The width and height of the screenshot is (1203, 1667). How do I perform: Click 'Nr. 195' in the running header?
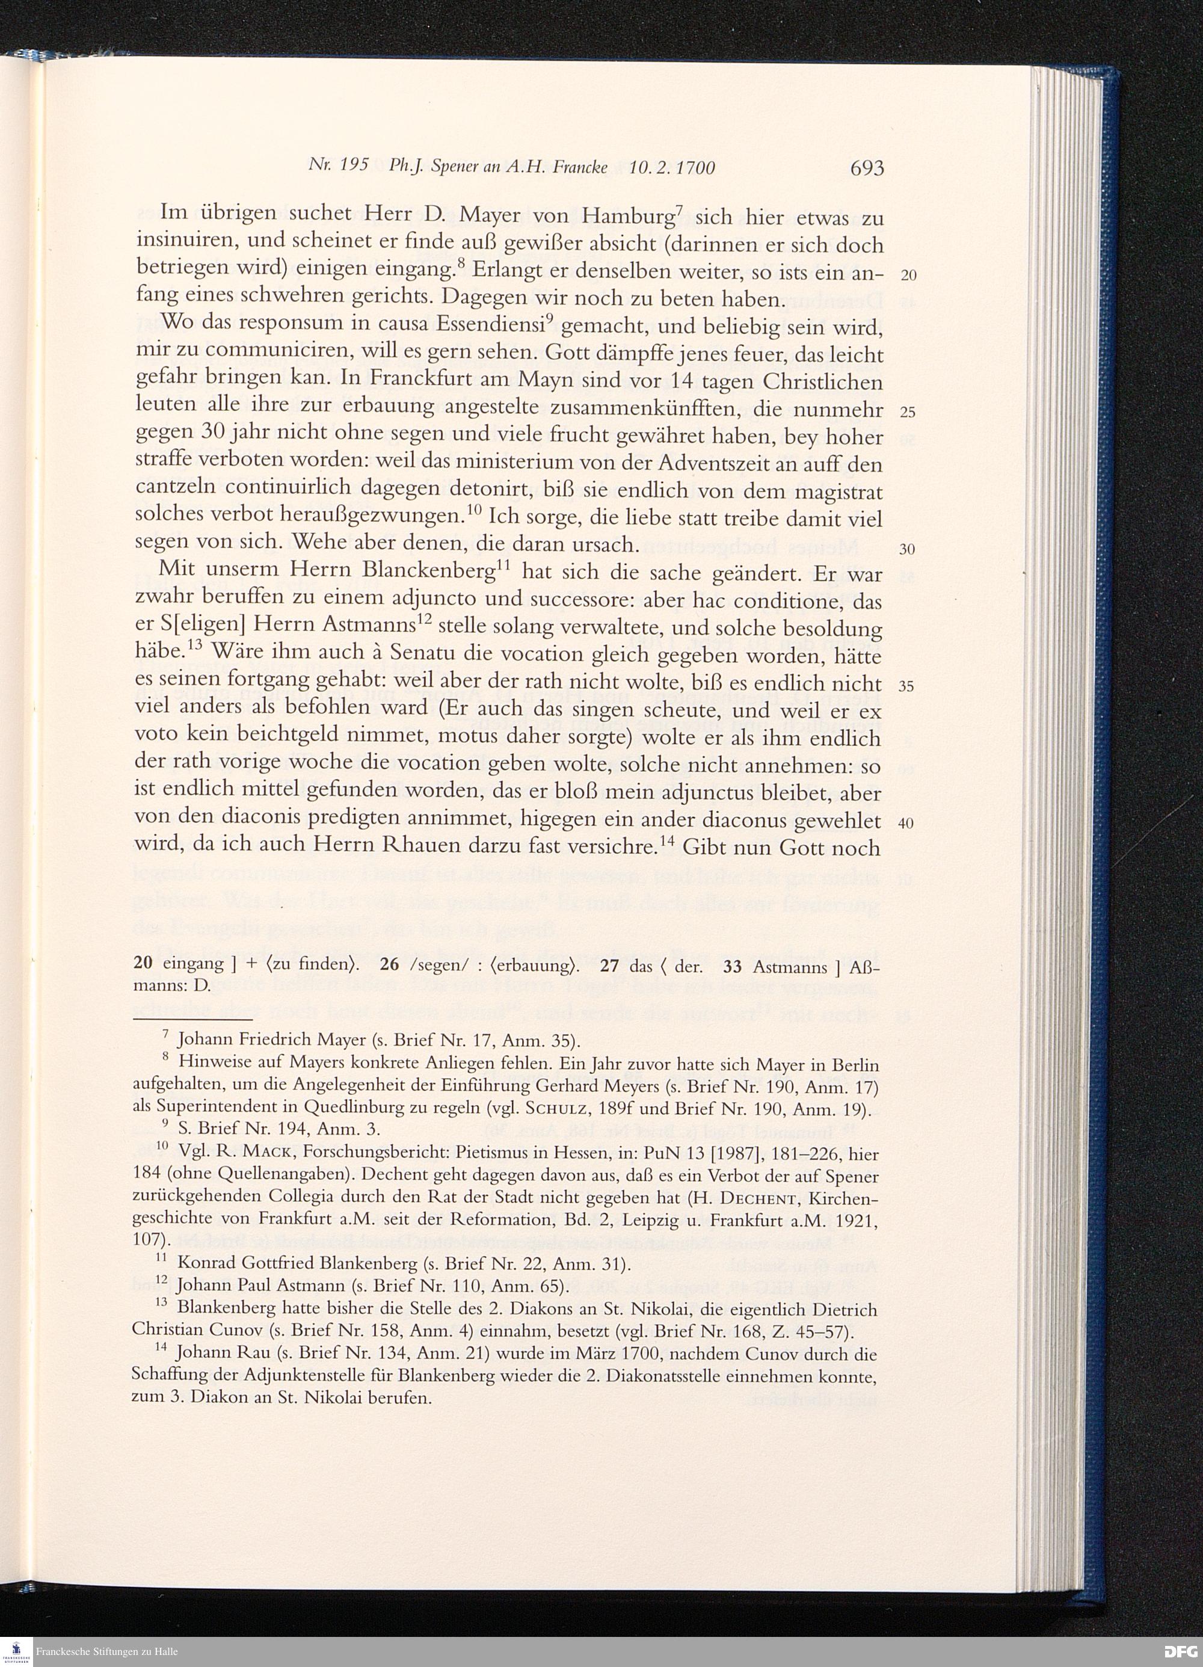pos(337,166)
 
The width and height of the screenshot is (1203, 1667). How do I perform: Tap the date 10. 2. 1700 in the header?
pos(672,168)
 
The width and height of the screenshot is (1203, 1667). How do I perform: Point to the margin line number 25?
pos(908,412)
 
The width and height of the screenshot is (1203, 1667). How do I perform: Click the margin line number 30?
pos(908,549)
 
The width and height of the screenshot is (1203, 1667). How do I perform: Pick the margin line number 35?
pos(908,686)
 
